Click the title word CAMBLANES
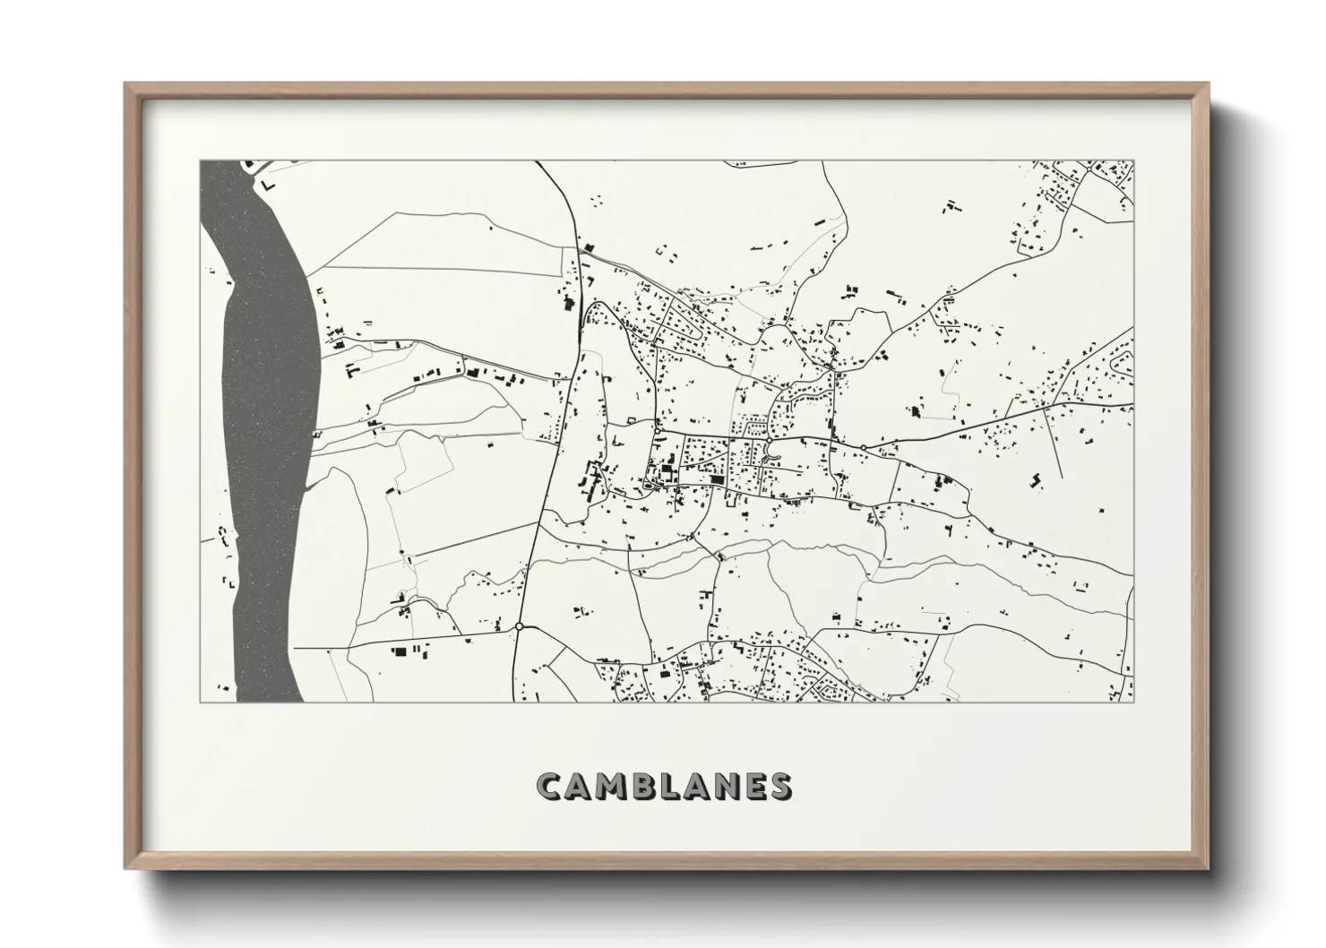[x=663, y=786]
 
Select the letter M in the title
[x=609, y=786]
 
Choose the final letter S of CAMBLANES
[x=780, y=786]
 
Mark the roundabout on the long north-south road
[x=519, y=626]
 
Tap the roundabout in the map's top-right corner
[x=1088, y=168]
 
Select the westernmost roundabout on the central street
[x=657, y=431]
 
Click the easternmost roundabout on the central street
[x=863, y=447]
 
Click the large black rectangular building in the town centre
[x=716, y=479]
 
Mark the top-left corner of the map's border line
[x=200, y=161]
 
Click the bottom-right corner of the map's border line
[x=1133, y=702]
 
